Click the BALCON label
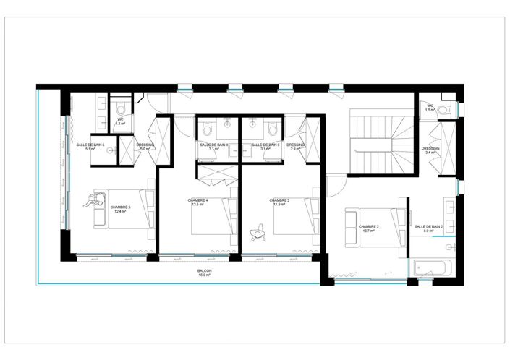click(x=205, y=271)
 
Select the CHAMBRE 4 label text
click(x=197, y=200)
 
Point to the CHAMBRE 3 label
click(x=279, y=200)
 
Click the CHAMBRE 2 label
click(x=369, y=226)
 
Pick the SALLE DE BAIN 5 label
click(x=90, y=145)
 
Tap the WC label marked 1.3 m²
click(x=121, y=121)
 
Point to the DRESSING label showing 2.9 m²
click(x=295, y=145)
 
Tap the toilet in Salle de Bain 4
click(x=208, y=131)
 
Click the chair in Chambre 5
click(x=91, y=203)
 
